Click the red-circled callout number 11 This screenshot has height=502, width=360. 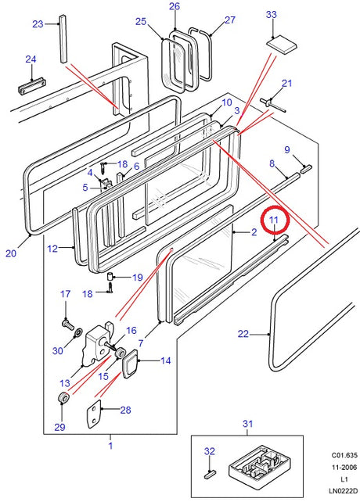(273, 220)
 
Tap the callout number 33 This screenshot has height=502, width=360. (272, 14)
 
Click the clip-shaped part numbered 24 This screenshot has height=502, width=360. (31, 86)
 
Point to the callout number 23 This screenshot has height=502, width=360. (38, 24)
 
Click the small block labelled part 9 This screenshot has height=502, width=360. (306, 168)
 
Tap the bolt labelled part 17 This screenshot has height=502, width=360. (67, 323)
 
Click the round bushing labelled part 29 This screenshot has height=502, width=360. (63, 398)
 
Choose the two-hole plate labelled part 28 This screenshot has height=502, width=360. (93, 414)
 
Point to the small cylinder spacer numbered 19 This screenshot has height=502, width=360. (110, 276)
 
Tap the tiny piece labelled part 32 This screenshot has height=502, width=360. (210, 474)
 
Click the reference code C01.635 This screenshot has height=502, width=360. (344, 455)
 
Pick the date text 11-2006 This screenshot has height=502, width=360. (344, 467)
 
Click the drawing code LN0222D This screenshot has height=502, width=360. (342, 491)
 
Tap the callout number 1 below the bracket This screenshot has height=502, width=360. (110, 446)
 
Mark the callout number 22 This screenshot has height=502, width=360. (243, 334)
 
